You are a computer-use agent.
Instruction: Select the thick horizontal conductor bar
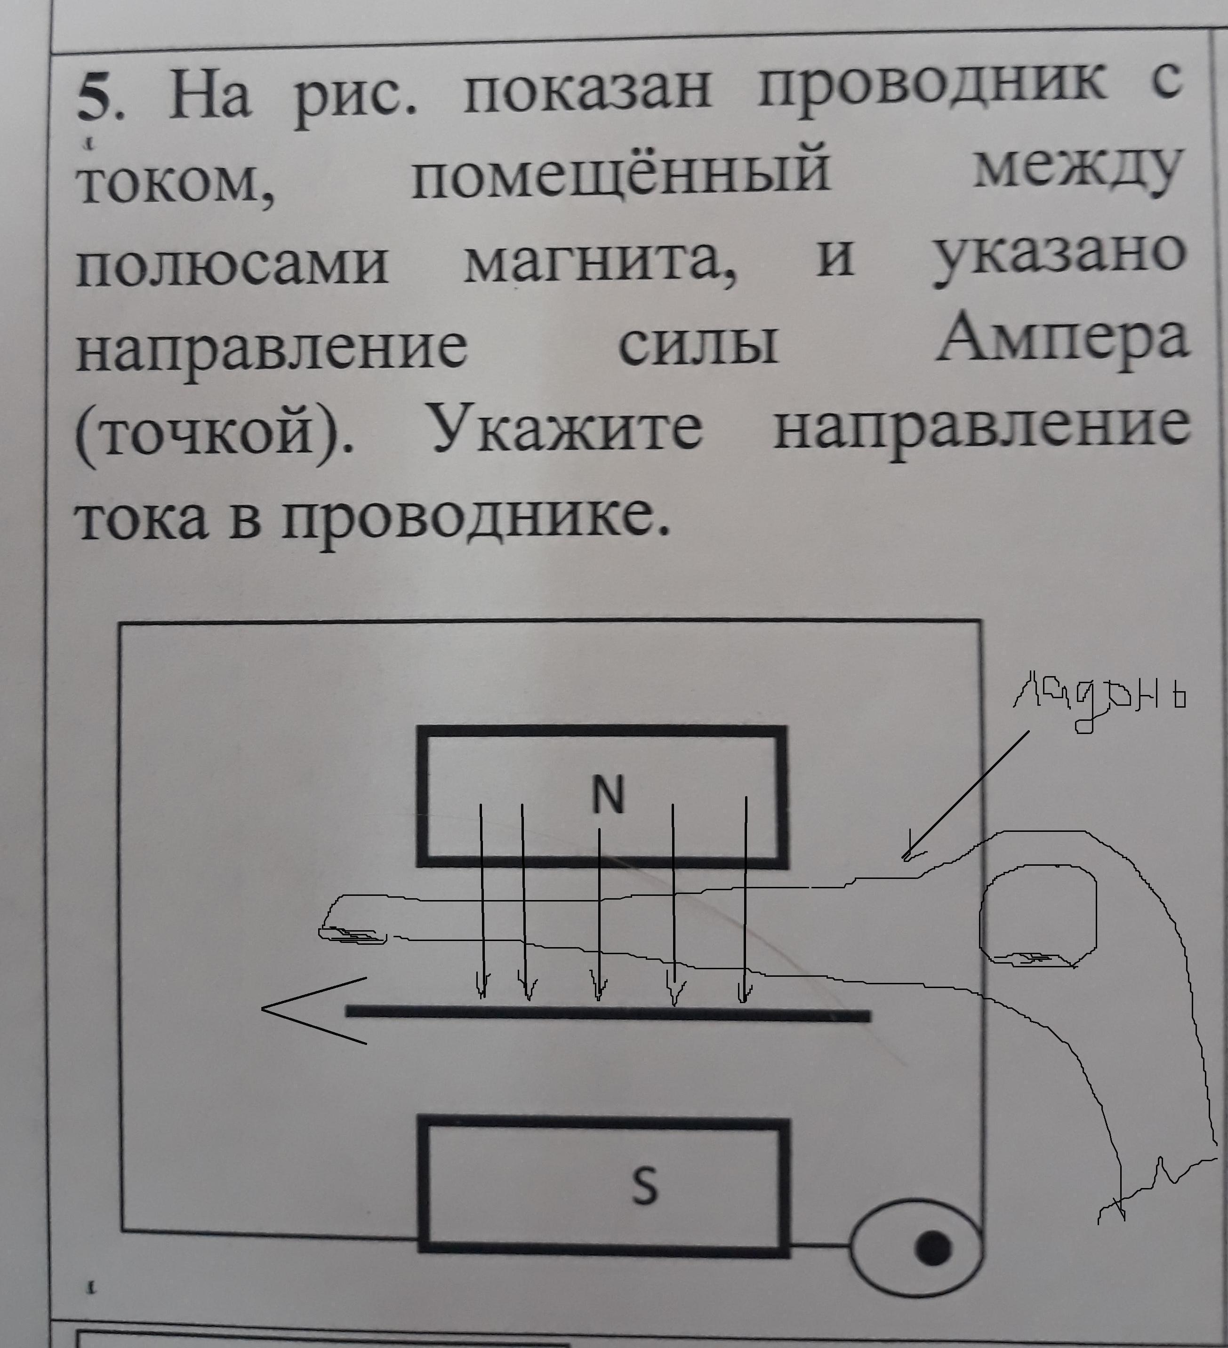pyautogui.click(x=607, y=1015)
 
